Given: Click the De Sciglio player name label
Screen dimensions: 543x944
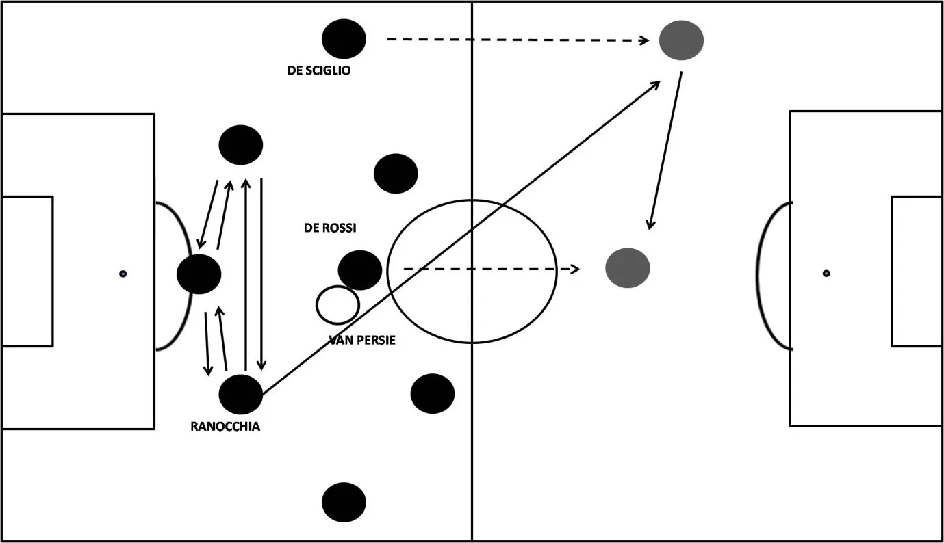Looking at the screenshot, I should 318,70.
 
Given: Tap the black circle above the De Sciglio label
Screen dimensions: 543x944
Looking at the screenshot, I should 344,39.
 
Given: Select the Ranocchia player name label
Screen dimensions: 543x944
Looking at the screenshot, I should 225,427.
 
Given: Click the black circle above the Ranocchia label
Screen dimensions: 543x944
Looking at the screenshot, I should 241,395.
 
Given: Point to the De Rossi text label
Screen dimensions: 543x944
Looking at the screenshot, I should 330,228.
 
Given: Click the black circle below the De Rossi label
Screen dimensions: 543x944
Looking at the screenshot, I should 359,269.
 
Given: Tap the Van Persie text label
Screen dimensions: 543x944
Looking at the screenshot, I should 362,340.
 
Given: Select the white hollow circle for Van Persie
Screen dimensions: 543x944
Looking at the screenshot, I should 337,305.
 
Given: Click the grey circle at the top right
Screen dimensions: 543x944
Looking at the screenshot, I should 681,40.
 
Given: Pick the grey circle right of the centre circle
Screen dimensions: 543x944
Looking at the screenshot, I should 627,267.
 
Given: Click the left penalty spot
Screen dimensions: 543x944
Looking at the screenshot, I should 123,274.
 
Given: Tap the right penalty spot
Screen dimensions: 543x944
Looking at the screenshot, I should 826,273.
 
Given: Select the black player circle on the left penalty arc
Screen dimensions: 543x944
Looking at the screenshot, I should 199,274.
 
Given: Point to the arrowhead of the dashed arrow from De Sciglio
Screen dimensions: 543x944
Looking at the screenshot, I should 645,40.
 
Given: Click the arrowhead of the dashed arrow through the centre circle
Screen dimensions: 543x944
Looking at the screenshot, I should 576,269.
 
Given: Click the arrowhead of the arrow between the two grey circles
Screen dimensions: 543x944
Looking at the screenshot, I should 650,226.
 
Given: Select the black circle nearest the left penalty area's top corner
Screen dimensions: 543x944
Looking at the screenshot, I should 241,146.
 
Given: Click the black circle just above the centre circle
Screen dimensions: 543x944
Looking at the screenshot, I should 396,173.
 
